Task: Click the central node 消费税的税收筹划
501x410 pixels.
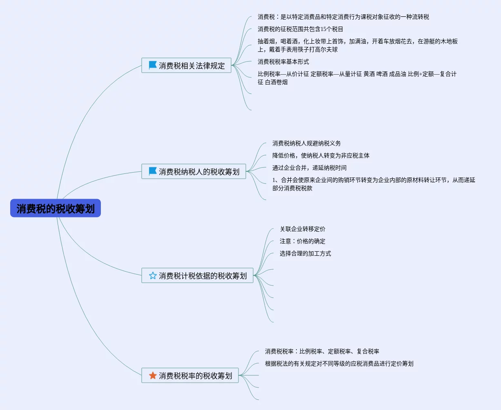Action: (x=56, y=208)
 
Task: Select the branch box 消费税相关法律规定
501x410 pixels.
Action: (x=187, y=65)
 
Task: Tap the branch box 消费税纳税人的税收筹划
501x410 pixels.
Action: (x=194, y=171)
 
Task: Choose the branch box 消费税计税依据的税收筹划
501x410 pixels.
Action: (x=198, y=275)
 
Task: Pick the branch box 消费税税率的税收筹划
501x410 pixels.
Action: (x=190, y=375)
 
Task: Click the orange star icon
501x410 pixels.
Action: (x=153, y=375)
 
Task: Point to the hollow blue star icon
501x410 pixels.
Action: (x=153, y=275)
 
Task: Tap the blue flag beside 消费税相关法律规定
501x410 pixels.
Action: (x=153, y=65)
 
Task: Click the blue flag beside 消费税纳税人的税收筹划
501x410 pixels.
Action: (x=153, y=171)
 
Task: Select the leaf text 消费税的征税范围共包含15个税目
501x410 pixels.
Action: (x=301, y=29)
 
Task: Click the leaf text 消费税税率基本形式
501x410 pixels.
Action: (x=283, y=62)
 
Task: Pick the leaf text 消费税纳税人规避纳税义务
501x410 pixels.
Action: (x=307, y=143)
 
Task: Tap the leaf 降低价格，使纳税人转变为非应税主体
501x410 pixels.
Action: (x=321, y=155)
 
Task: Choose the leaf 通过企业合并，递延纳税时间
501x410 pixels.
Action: (x=310, y=168)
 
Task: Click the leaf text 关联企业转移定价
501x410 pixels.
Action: (x=303, y=229)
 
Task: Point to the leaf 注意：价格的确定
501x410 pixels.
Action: (x=303, y=241)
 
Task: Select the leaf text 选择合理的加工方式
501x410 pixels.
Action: (x=305, y=253)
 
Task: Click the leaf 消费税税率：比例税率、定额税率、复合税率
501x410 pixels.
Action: (x=322, y=351)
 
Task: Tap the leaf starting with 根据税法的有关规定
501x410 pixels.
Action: (x=339, y=363)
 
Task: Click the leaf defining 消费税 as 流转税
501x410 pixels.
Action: (x=343, y=17)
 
